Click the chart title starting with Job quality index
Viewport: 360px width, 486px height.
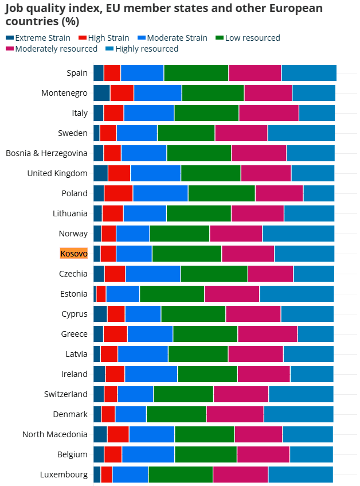tap(163, 15)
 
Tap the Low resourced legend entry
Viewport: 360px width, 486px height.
tap(252, 38)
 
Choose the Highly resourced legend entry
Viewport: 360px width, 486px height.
tap(147, 49)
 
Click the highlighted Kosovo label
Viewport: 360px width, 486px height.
tap(74, 254)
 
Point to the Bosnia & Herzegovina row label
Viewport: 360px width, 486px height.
tap(46, 153)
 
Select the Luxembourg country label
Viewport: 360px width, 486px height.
tap(64, 475)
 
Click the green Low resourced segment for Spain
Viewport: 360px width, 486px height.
tap(196, 73)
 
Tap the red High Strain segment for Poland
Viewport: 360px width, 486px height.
tap(119, 193)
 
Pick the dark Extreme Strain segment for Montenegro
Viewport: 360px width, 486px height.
tap(101, 93)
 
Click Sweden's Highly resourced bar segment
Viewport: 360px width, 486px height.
tap(301, 133)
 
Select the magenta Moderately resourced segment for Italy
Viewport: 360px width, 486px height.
tap(269, 113)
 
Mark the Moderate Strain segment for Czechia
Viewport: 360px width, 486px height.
tap(153, 274)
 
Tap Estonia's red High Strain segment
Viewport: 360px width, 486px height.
tap(101, 294)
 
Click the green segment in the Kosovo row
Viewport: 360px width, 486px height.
tap(187, 254)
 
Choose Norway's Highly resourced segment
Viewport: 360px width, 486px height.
tap(298, 234)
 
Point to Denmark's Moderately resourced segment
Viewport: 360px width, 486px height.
tap(235, 414)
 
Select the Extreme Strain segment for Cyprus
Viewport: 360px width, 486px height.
tap(100, 314)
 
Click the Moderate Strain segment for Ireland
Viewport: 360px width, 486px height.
tap(151, 374)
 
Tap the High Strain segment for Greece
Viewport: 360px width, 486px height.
tap(115, 334)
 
